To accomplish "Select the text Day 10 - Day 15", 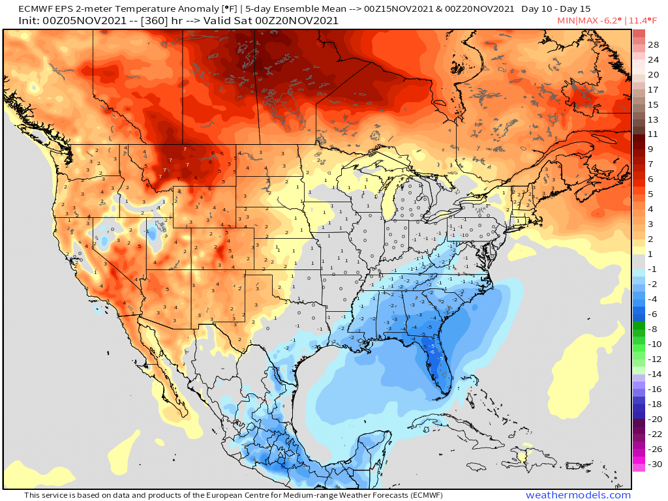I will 556,9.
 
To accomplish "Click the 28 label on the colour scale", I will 653,44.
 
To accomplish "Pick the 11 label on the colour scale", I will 653,134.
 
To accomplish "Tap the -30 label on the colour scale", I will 652,464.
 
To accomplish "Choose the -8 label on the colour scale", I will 652,329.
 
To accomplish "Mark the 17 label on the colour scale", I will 653,89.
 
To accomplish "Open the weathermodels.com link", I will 578,495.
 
